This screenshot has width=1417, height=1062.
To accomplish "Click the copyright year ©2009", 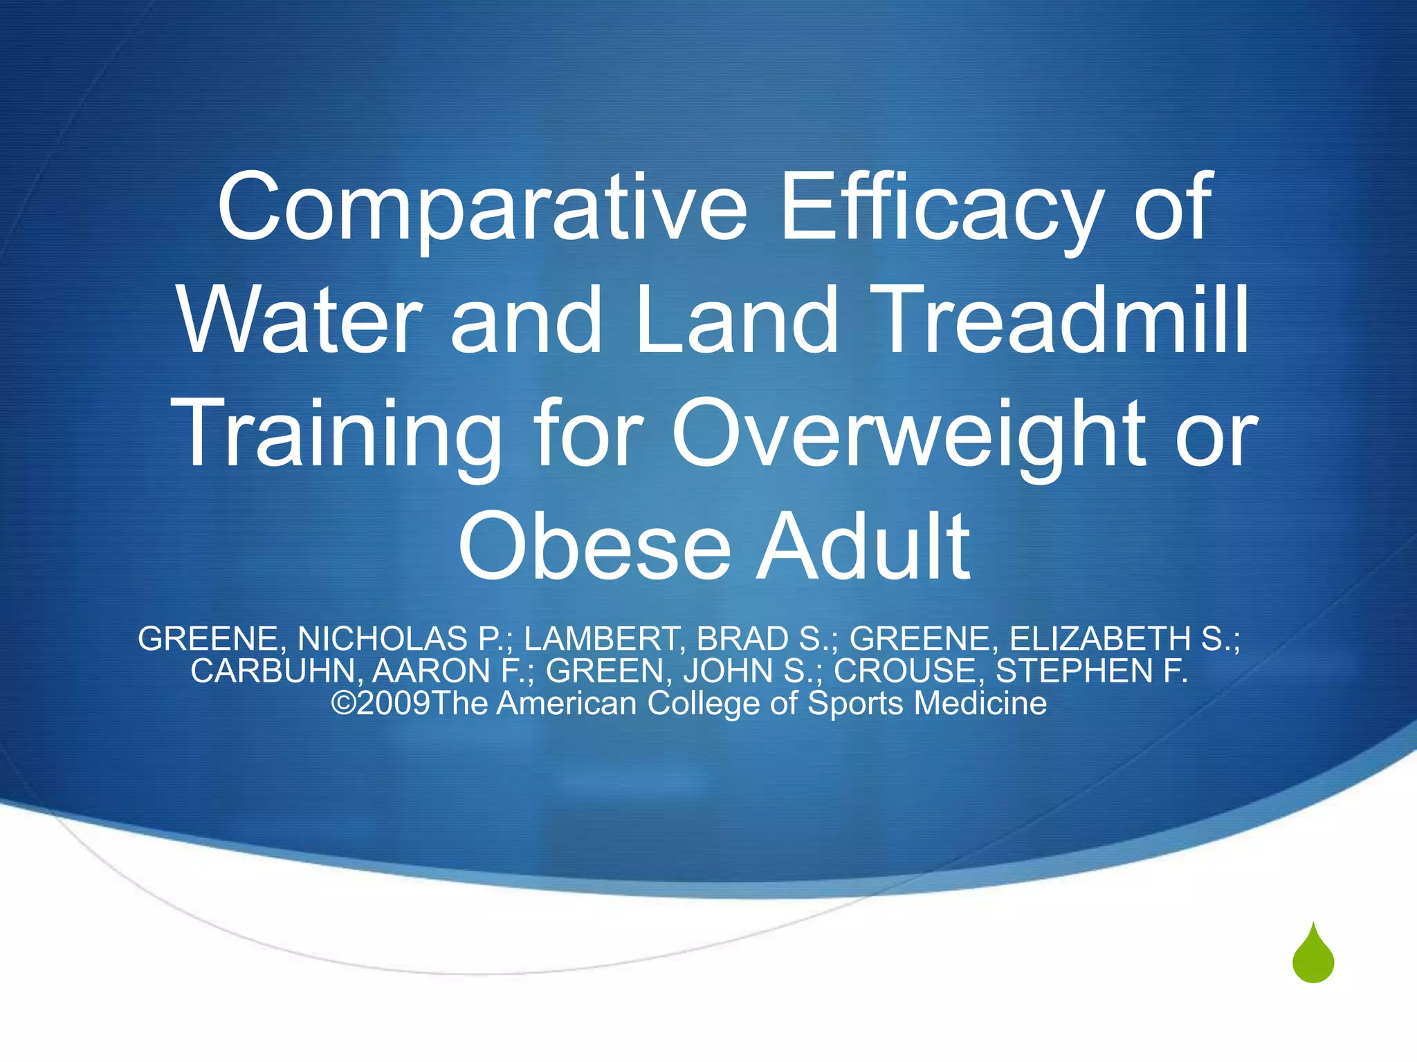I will click(x=381, y=703).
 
